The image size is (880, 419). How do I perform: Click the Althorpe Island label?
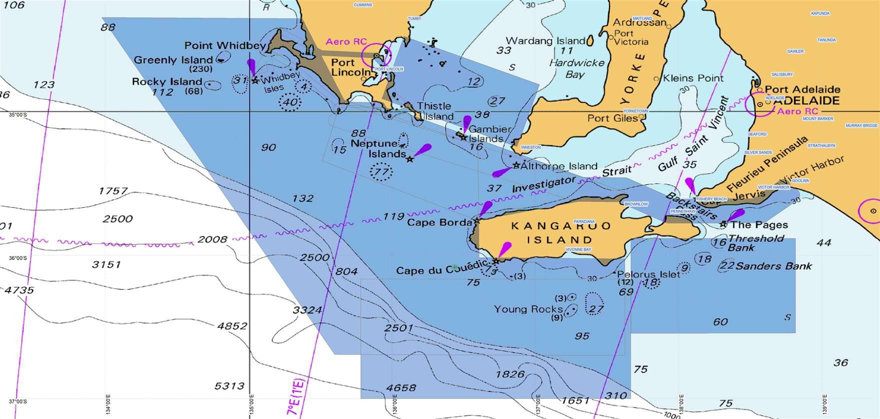pyautogui.click(x=559, y=166)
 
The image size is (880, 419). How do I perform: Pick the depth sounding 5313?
pyautogui.click(x=229, y=386)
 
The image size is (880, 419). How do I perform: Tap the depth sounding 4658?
pyautogui.click(x=401, y=387)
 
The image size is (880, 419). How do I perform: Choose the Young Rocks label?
pyautogui.click(x=528, y=309)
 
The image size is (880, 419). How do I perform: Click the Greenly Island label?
pyautogui.click(x=173, y=60)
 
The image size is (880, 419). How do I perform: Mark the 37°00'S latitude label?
pyautogui.click(x=17, y=401)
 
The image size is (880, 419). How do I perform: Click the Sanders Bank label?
pyautogui.click(x=773, y=266)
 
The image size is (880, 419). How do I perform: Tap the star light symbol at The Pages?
pyautogui.click(x=723, y=224)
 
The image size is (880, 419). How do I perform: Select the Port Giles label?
pyautogui.click(x=612, y=118)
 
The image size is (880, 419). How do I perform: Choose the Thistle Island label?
pyautogui.click(x=435, y=111)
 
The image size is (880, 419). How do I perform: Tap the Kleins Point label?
pyautogui.click(x=693, y=78)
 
